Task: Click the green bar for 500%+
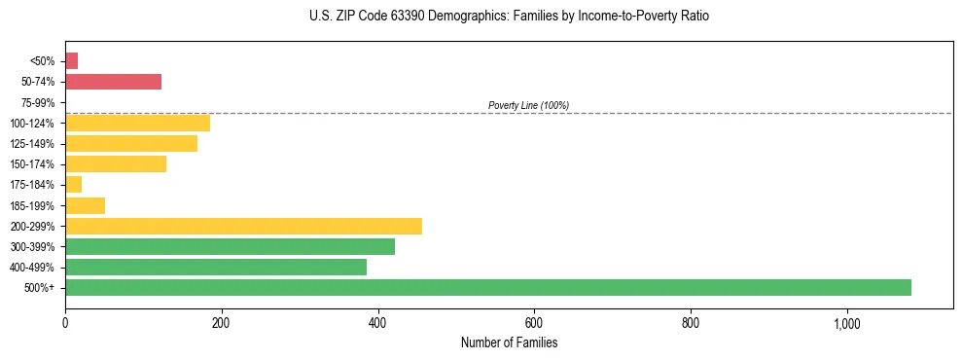487,287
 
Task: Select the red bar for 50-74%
113,82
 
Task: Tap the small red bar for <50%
71,61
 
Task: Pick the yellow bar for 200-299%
243,226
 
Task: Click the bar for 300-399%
230,246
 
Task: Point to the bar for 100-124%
137,123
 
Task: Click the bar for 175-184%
73,185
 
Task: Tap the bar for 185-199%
85,205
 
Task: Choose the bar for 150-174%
116,164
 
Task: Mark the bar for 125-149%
131,144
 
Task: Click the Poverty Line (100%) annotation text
528,105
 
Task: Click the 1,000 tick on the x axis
846,322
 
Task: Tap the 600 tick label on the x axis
534,322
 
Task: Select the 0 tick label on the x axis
65,322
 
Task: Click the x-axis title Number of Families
509,342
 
